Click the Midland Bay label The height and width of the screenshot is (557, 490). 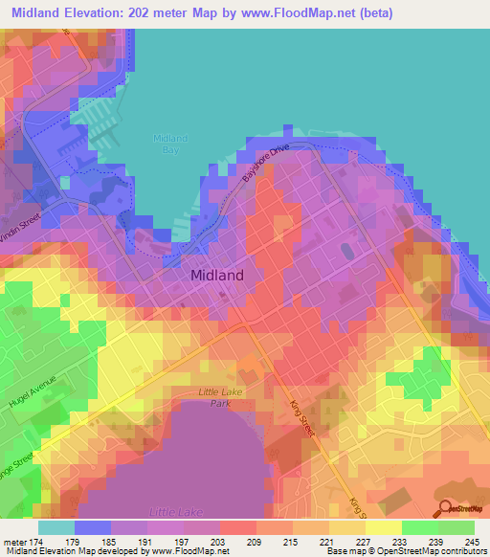[x=171, y=145]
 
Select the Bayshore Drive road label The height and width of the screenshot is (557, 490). [x=264, y=164]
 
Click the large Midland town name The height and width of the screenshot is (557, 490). [x=217, y=275]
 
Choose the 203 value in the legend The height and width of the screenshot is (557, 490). [x=220, y=541]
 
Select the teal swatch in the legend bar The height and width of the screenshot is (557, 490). [x=56, y=527]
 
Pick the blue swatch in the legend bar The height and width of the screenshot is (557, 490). [x=93, y=527]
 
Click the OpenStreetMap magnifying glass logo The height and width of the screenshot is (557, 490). [x=447, y=510]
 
